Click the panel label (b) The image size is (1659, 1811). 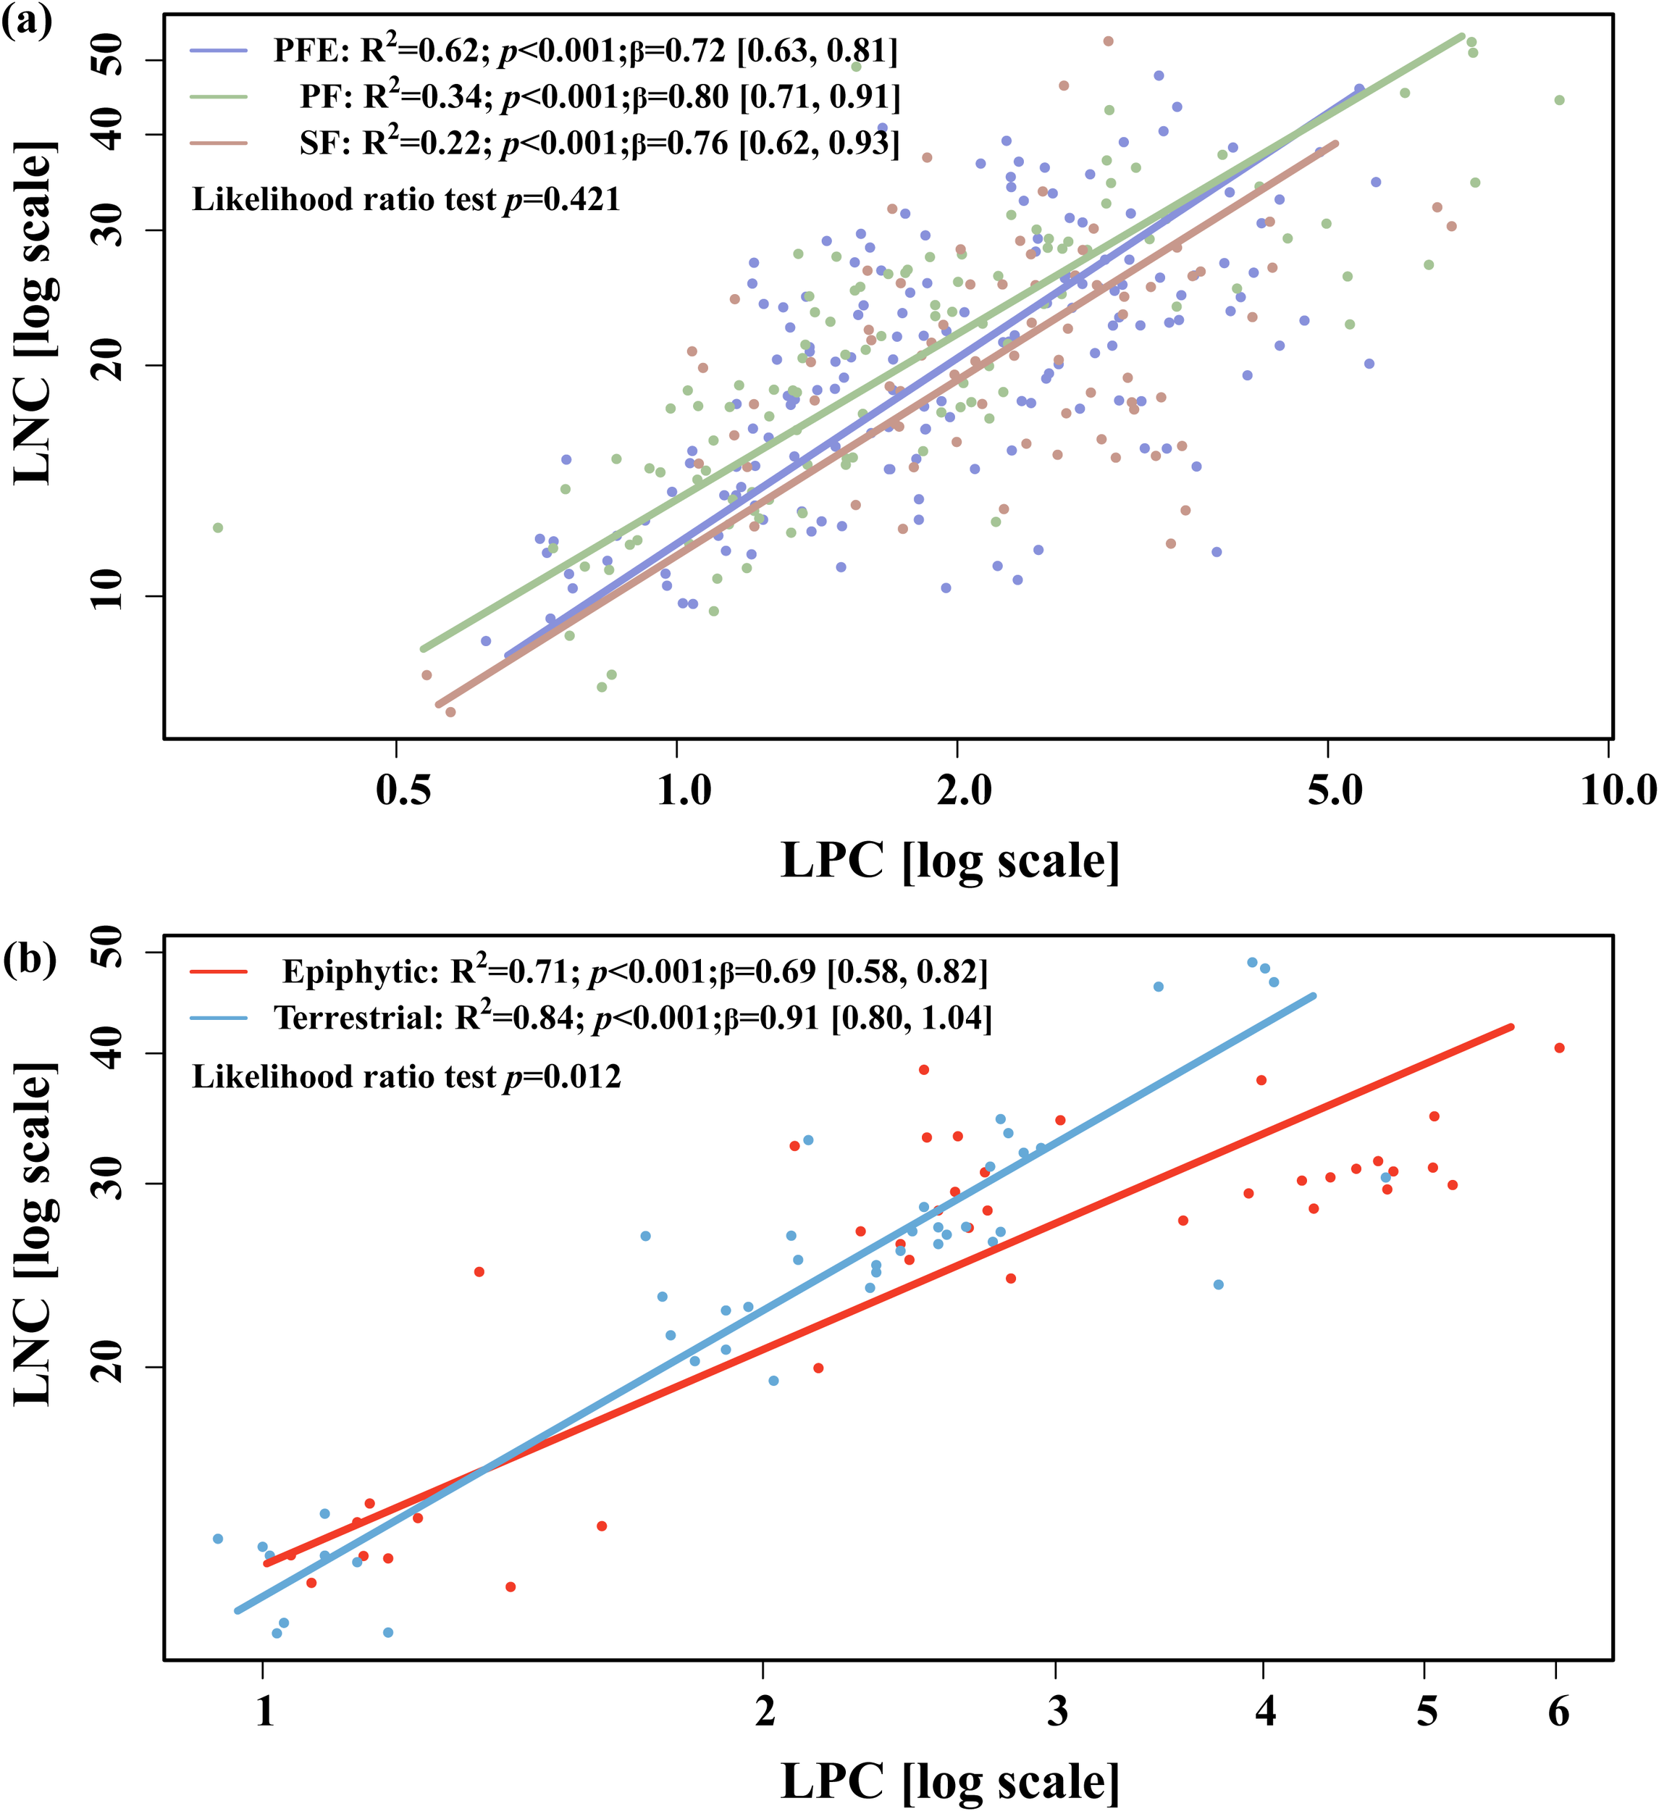click(29, 958)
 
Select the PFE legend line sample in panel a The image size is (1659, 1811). click(218, 51)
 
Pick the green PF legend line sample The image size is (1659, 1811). click(218, 97)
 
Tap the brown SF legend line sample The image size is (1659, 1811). click(218, 143)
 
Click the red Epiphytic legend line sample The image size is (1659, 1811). click(218, 971)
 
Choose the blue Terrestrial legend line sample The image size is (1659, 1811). click(218, 1018)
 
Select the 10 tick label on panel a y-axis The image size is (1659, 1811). click(109, 588)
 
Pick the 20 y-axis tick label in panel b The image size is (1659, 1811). click(109, 1366)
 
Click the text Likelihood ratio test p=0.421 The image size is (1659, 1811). click(406, 199)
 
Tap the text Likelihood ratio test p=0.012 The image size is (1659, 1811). click(406, 1076)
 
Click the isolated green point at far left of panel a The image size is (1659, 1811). click(217, 527)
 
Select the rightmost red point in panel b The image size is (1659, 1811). click(1559, 1047)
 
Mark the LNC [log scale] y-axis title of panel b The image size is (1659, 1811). click(36, 1234)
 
